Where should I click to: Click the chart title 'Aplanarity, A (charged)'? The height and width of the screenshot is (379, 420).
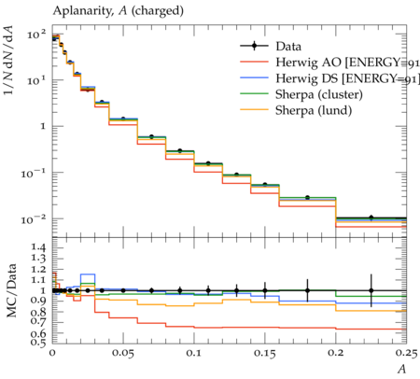coord(119,11)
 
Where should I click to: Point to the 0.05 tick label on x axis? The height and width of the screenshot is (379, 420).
coord(123,353)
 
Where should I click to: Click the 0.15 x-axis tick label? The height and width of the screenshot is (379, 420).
coord(265,353)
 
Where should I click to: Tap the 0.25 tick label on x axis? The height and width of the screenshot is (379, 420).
coord(406,353)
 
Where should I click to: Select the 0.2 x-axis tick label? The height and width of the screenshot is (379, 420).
coord(336,353)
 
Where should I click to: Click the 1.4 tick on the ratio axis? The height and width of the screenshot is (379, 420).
coord(38,247)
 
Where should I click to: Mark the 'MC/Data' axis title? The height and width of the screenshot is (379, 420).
coord(12,290)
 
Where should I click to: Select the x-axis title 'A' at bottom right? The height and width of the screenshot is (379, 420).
coord(401,369)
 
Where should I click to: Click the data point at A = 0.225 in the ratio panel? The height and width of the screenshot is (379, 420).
coord(371,290)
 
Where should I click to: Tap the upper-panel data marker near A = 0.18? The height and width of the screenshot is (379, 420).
coord(307,197)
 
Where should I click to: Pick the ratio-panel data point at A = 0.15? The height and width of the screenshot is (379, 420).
coord(265,290)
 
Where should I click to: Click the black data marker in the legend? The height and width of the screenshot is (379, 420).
coord(254,46)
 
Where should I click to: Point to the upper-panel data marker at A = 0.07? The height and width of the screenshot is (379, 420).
coord(151,136)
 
